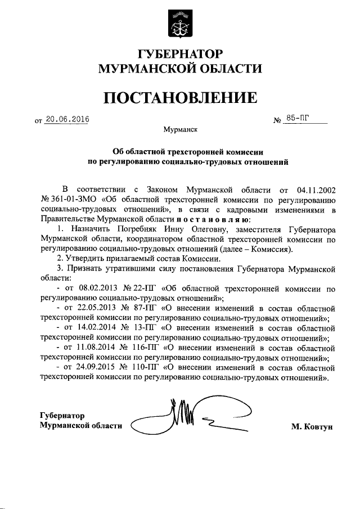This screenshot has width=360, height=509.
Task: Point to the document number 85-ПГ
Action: (297, 118)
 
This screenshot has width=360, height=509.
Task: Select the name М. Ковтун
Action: (312, 426)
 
